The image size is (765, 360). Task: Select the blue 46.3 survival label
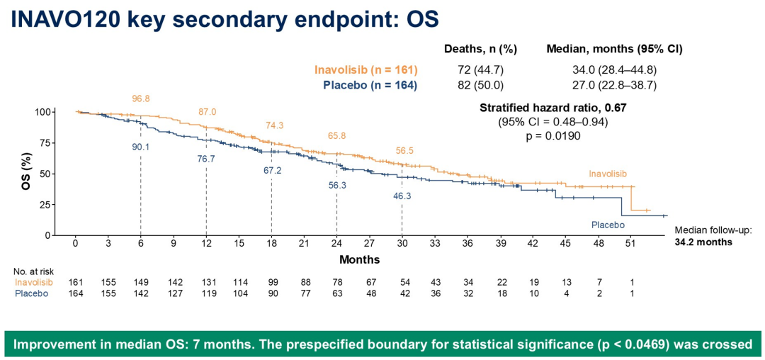point(402,194)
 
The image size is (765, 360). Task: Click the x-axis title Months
point(360,259)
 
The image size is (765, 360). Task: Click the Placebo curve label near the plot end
point(608,225)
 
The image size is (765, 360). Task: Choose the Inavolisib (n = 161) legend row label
point(366,69)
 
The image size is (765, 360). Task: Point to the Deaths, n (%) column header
point(480,49)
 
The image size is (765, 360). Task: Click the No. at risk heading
point(33,271)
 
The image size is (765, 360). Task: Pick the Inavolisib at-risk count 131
point(206,283)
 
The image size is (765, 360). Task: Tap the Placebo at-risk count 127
point(174,293)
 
